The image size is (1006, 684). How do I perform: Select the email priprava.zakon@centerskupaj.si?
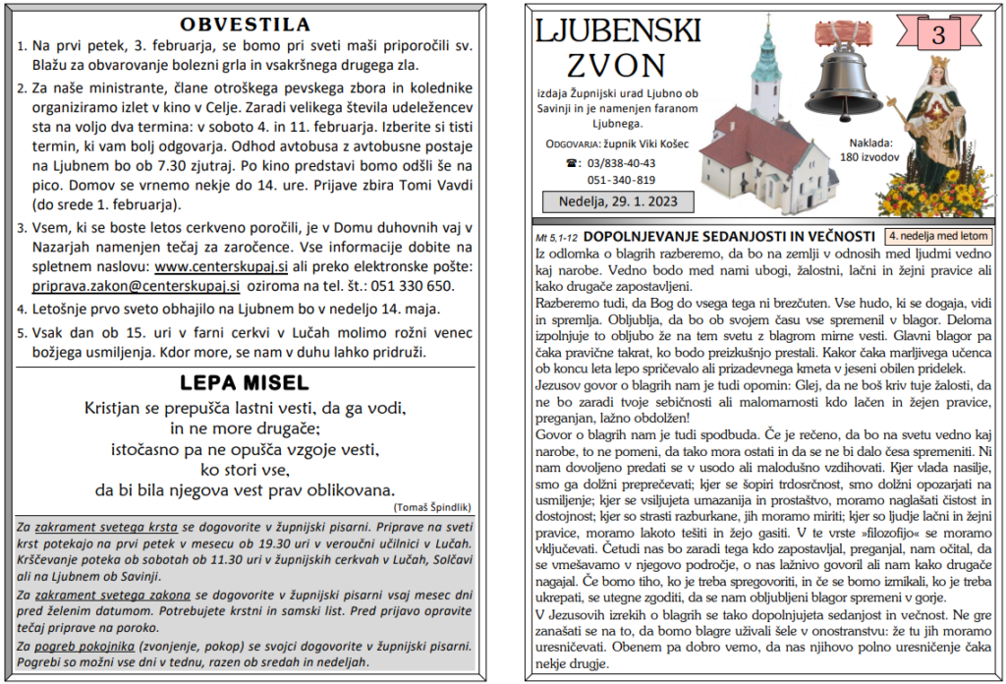pos(129,286)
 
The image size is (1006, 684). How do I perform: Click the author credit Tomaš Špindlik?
pos(431,506)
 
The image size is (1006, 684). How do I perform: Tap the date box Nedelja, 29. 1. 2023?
pos(617,202)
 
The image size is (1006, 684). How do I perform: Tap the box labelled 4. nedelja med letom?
pos(937,236)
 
